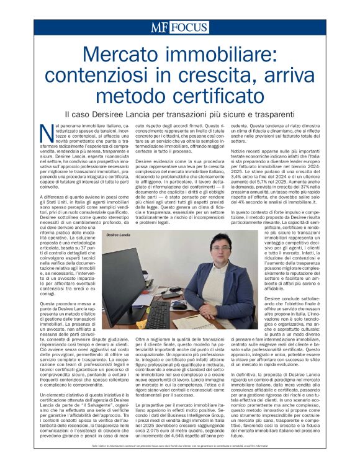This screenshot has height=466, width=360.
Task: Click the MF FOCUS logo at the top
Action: [180, 27]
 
